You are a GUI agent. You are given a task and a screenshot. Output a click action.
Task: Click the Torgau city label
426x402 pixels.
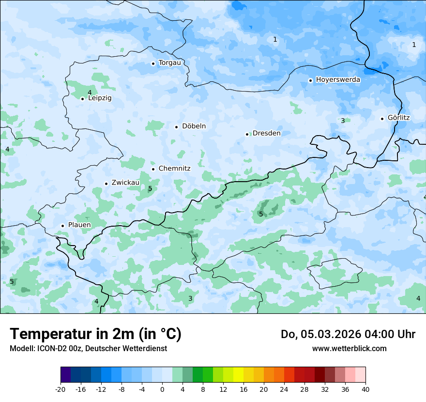[169, 63]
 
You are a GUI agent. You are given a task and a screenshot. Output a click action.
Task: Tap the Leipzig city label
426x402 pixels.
[100, 98]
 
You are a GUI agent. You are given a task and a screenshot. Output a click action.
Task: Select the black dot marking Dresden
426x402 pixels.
[247, 134]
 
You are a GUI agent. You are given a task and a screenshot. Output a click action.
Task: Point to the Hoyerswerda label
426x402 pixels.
[338, 80]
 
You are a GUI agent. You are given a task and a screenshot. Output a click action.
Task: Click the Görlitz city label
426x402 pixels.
[398, 118]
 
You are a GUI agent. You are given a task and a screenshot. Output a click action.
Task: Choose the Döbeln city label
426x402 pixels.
[194, 126]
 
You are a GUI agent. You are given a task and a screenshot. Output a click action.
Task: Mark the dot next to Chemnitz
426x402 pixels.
[153, 169]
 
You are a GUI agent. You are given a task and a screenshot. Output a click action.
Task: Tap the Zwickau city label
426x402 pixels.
[125, 183]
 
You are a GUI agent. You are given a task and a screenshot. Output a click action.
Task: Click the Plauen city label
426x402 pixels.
[79, 225]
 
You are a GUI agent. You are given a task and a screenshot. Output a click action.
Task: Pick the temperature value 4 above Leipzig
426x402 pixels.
[90, 93]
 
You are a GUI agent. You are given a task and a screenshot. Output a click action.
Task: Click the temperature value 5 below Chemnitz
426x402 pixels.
[150, 188]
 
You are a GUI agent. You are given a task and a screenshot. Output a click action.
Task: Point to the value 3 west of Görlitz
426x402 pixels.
[343, 121]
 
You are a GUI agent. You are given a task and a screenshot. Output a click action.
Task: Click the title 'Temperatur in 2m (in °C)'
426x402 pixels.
[95, 334]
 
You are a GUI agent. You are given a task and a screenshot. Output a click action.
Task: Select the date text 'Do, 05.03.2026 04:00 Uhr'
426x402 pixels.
[348, 334]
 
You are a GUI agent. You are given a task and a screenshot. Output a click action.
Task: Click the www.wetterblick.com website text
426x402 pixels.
[349, 349]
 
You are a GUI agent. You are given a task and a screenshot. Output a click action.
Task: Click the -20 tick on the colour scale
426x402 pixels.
[61, 389]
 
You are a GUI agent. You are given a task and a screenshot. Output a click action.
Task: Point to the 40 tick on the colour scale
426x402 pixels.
[365, 389]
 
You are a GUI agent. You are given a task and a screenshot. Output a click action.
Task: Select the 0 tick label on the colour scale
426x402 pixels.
[162, 389]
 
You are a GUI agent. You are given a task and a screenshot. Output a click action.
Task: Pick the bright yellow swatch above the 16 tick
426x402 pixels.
[238, 375]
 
